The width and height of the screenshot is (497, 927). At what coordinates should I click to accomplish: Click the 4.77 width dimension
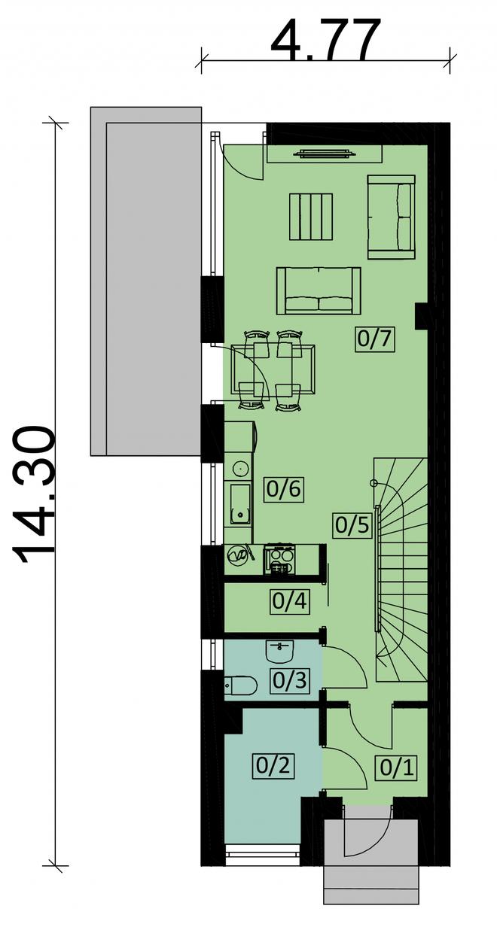tap(325, 40)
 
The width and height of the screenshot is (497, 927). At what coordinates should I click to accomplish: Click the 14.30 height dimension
tap(33, 495)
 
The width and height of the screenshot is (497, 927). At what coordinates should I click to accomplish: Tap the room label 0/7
tap(374, 339)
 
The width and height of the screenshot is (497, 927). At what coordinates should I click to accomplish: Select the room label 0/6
tap(283, 490)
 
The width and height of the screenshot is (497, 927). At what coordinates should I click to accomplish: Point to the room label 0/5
tap(352, 525)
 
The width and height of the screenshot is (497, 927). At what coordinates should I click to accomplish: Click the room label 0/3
tap(289, 680)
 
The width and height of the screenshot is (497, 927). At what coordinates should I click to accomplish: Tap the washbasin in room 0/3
tap(279, 652)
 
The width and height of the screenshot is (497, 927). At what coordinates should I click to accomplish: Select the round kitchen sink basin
tap(239, 469)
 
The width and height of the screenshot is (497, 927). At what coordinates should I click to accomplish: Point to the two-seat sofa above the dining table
tap(319, 290)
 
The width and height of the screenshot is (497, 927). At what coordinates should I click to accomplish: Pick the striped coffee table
tap(312, 217)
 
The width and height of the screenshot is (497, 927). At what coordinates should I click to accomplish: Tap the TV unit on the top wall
tap(325, 154)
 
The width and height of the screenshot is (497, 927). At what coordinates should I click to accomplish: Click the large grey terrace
tap(146, 281)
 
